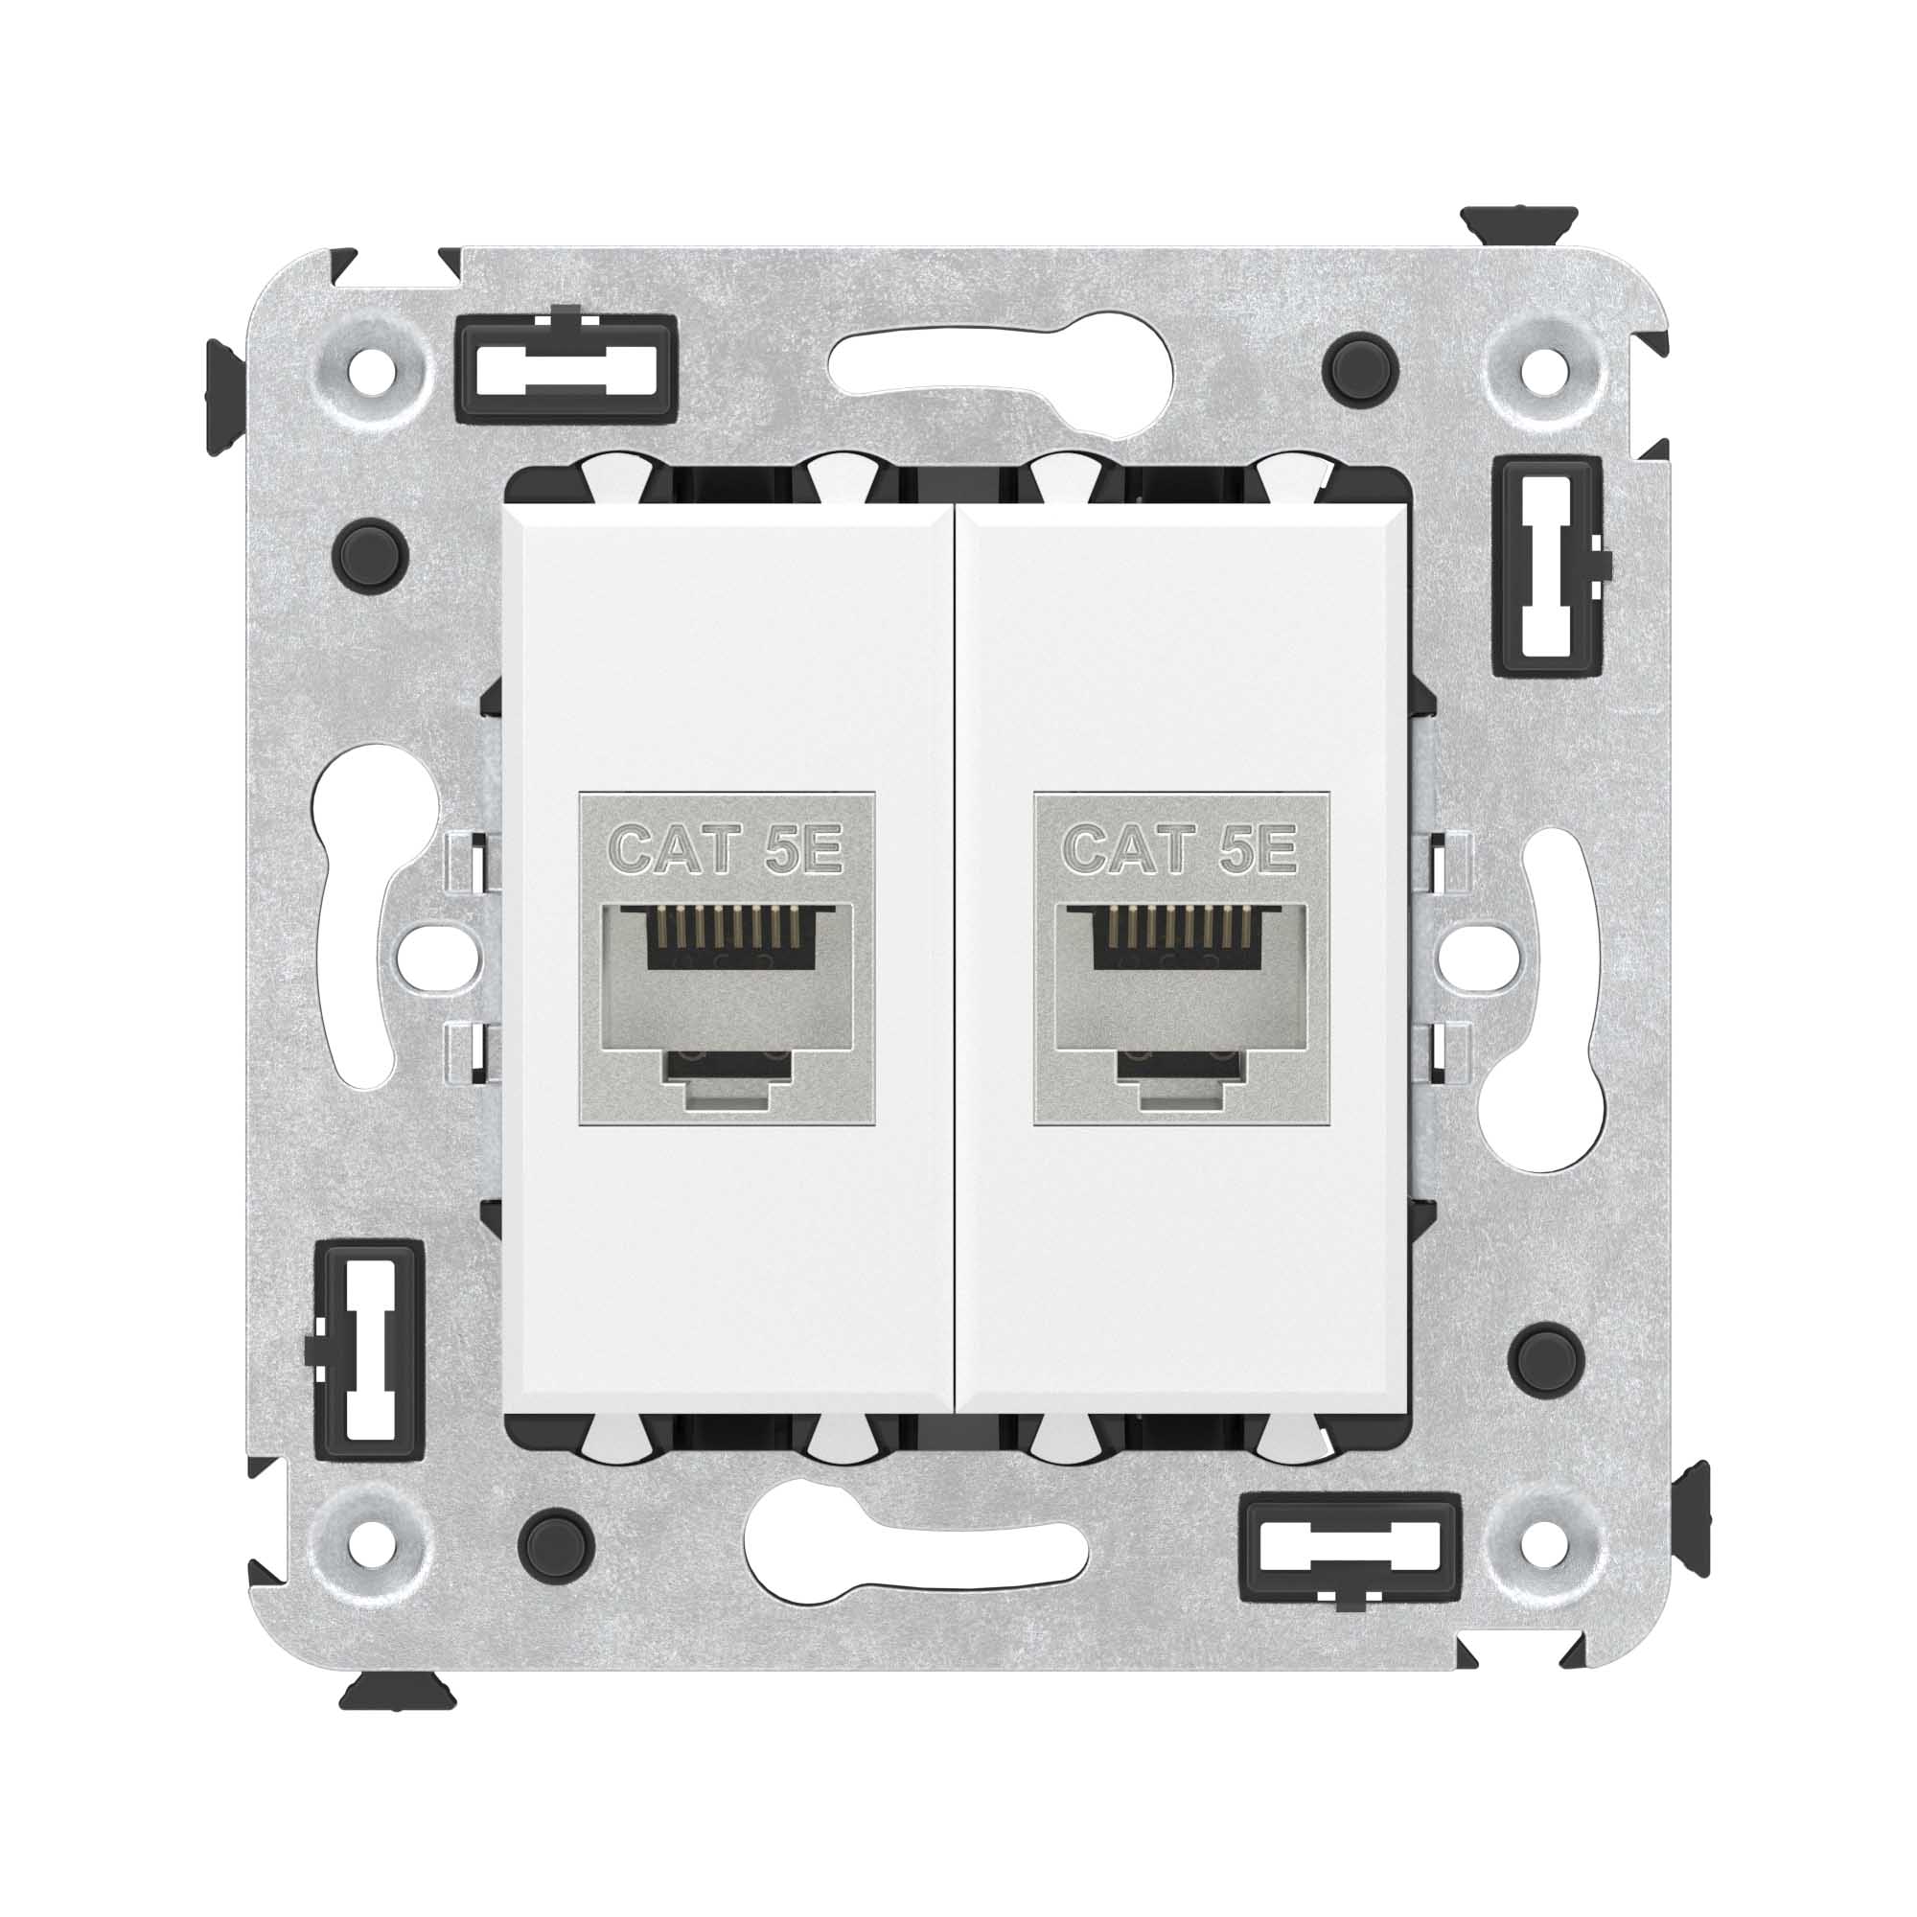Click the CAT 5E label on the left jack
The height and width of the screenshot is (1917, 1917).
[x=726, y=850]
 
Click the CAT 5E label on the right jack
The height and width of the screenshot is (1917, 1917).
[x=1180, y=850]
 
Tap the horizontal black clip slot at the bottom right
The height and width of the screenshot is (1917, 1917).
[x=1351, y=1550]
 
